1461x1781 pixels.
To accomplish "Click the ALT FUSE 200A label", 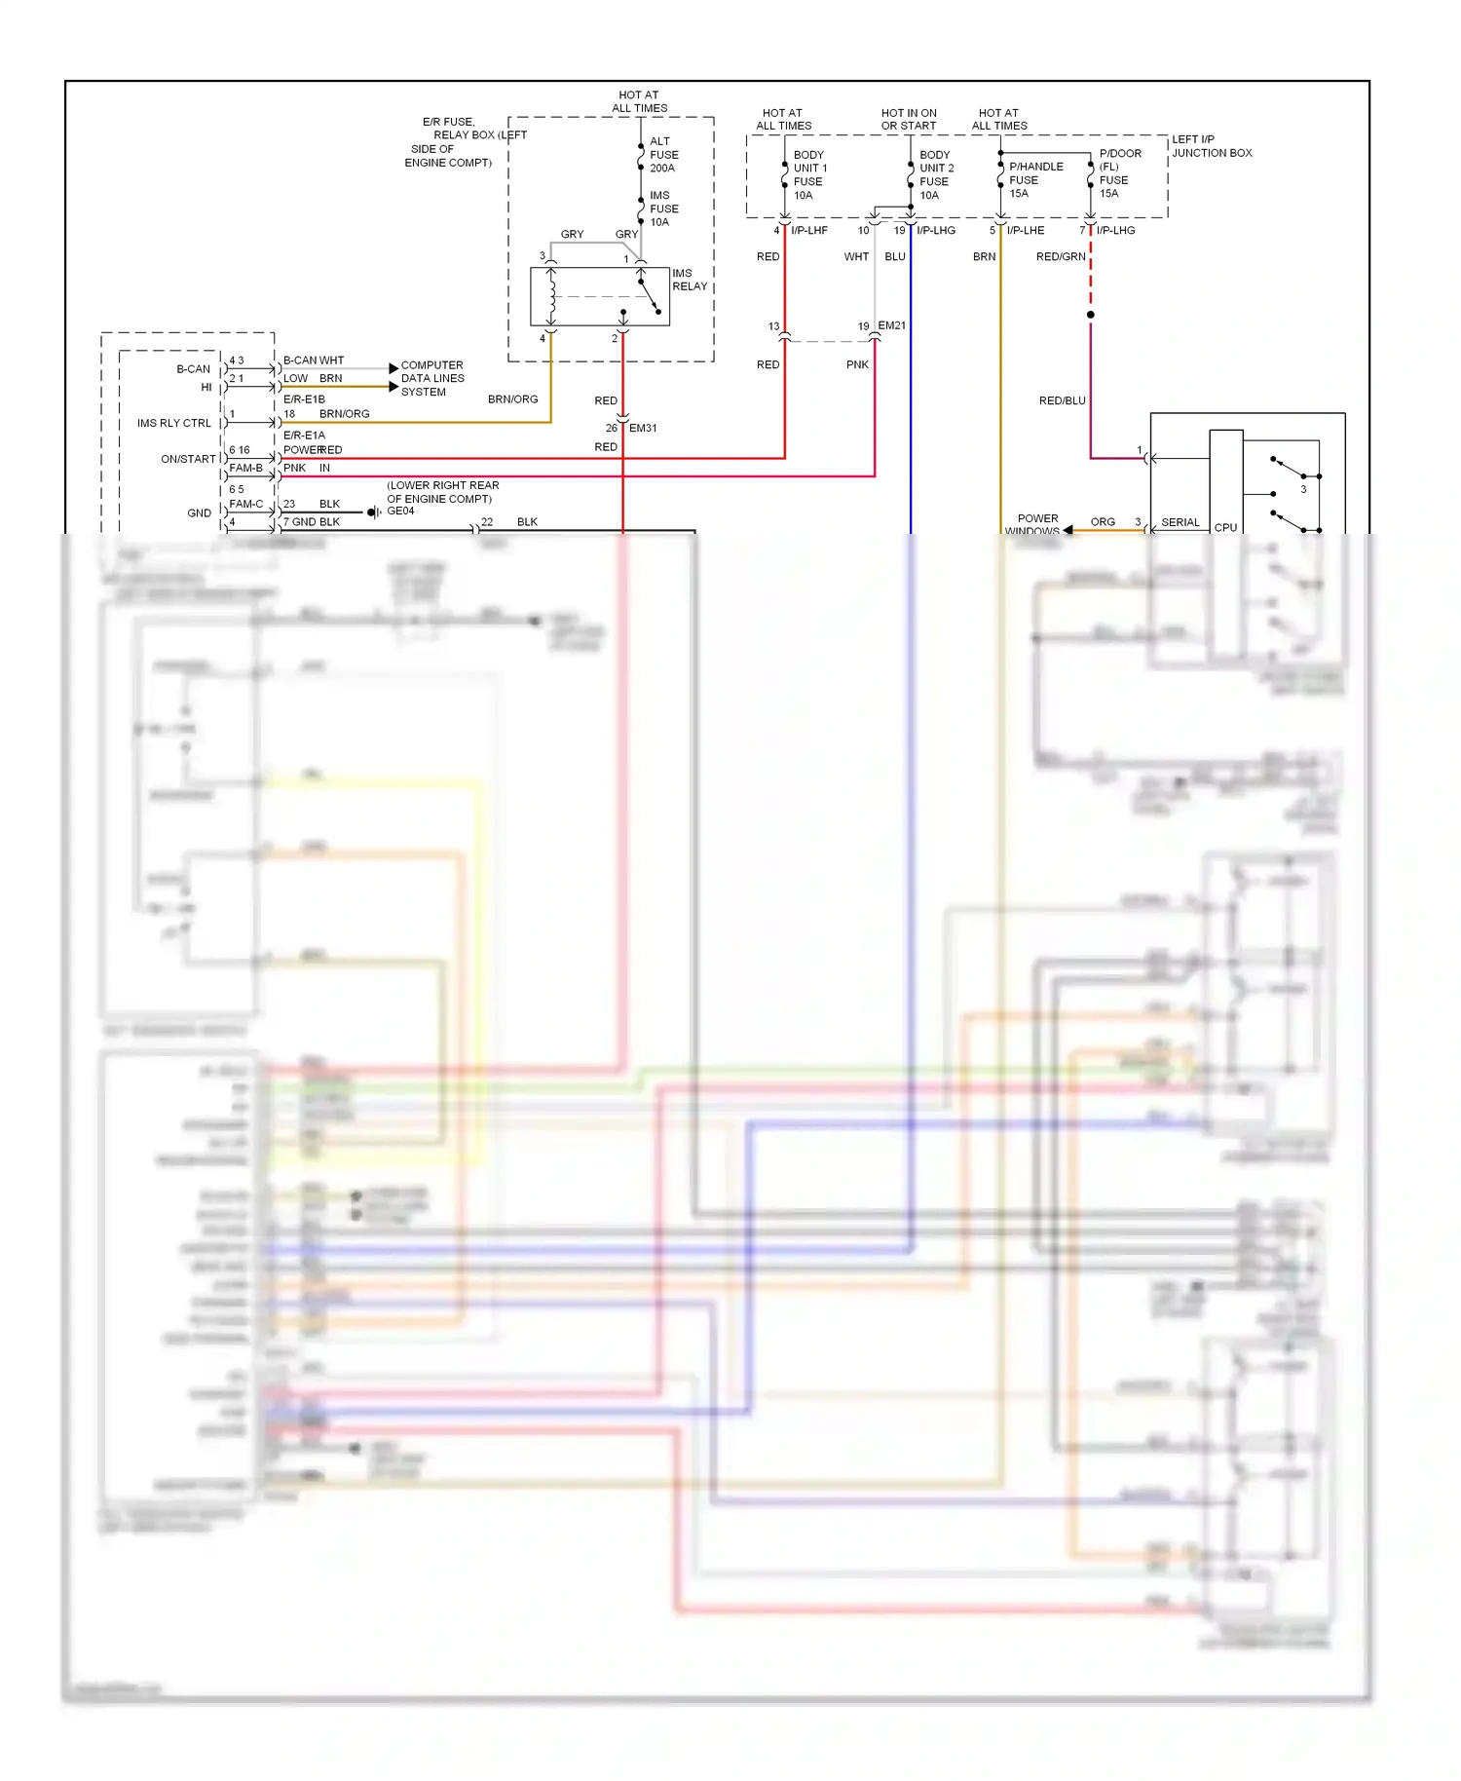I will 663,155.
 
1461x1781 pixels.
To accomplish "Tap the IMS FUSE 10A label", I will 663,208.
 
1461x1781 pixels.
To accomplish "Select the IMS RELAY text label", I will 689,280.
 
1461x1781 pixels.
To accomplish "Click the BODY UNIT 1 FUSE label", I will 808,175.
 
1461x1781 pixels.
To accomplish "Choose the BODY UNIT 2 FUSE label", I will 935,175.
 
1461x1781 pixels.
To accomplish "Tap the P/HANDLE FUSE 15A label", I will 1034,180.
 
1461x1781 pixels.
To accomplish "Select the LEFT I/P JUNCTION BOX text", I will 1211,146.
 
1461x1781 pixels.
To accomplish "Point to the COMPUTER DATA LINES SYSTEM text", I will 432,378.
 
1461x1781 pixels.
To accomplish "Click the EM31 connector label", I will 643,428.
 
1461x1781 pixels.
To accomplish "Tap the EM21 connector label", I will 891,325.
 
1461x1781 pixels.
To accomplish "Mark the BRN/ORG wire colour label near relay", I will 512,399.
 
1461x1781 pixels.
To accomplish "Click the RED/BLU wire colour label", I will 1062,400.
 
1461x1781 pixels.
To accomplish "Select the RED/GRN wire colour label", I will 1060,257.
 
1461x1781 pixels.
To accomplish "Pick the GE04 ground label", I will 400,511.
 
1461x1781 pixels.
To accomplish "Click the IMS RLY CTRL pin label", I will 173,423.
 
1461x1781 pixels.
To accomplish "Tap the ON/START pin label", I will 188,459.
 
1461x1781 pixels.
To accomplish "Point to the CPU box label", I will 1225,527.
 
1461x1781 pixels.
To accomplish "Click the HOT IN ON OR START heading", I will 908,119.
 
